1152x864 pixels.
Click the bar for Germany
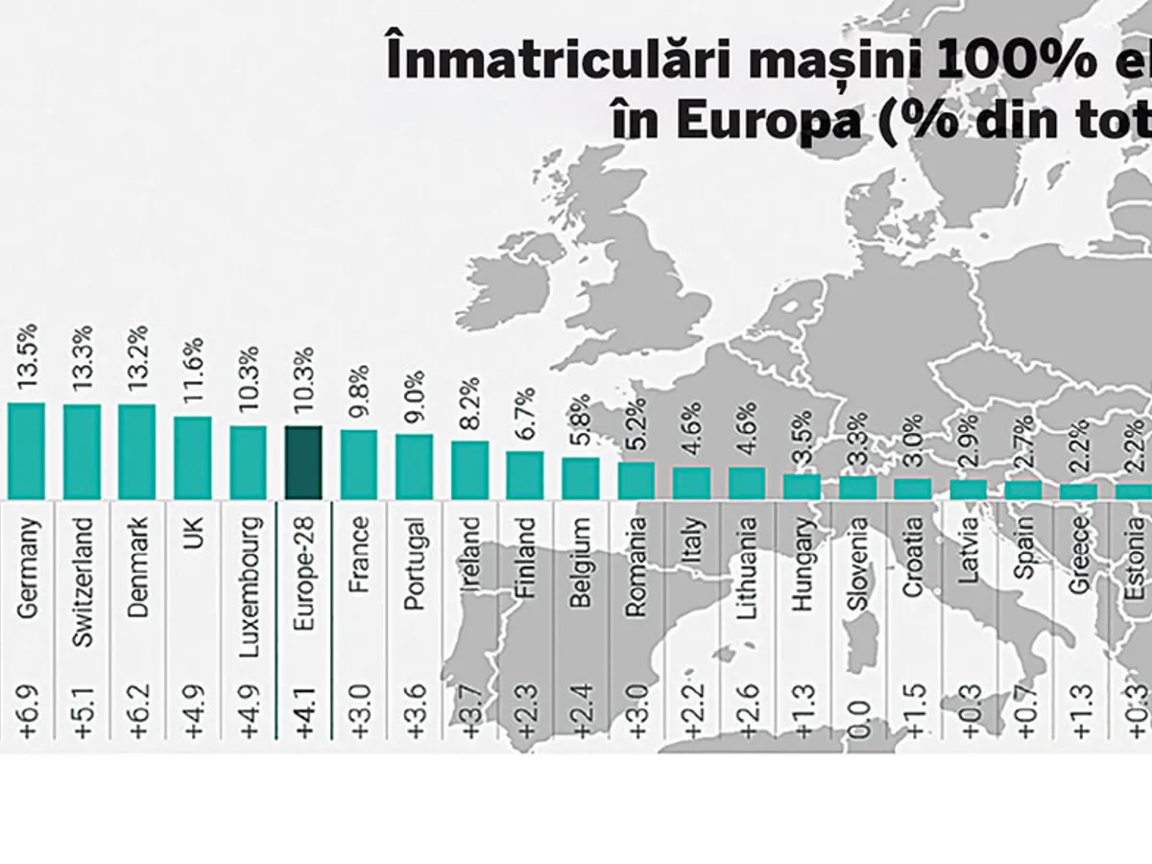coord(26,450)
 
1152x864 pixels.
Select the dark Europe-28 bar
coord(303,463)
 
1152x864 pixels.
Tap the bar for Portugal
coord(414,467)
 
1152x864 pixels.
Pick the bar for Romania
coord(636,480)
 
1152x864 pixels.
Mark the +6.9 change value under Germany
coord(27,710)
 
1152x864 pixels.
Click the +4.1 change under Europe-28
coord(304,710)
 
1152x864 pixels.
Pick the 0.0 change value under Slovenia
coord(857,716)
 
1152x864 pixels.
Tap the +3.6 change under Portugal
coord(415,710)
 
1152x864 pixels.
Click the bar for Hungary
coord(802,487)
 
